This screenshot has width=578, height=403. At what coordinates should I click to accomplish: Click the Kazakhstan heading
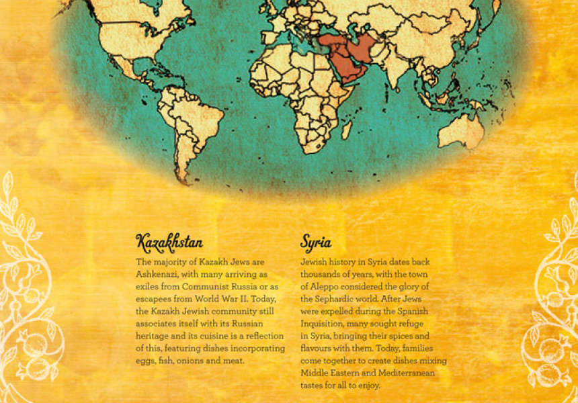point(169,241)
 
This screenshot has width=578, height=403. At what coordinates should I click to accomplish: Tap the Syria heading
point(316,242)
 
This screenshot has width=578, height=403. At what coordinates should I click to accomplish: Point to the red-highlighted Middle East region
point(346,57)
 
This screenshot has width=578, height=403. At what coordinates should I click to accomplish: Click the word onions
point(197,360)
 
